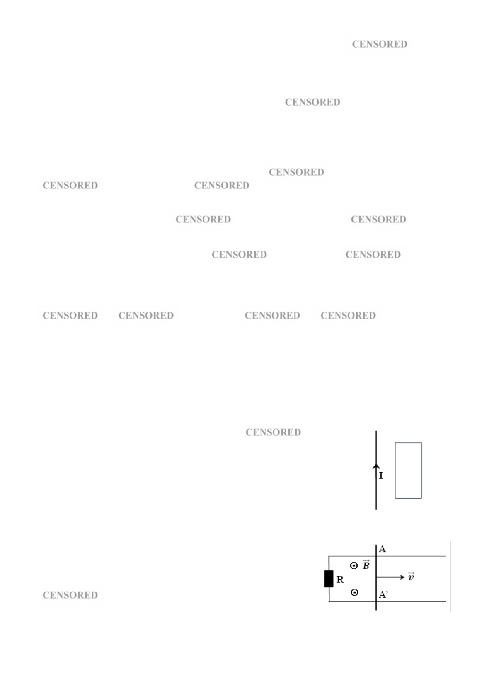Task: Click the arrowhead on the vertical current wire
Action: point(376,466)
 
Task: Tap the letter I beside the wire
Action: point(381,476)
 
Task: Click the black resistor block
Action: point(329,579)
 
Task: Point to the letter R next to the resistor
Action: point(340,579)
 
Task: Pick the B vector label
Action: point(366,565)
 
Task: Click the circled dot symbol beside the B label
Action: point(354,565)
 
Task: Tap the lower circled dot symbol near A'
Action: point(354,592)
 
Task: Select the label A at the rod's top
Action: point(383,549)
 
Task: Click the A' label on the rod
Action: point(383,594)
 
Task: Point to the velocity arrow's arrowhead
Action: point(402,577)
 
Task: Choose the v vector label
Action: point(411,577)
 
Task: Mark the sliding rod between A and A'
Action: point(376,577)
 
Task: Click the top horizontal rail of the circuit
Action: point(387,556)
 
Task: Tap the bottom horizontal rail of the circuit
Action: point(387,601)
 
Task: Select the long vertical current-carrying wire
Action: point(376,470)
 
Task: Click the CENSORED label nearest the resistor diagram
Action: point(70,595)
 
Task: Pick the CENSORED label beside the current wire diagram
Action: point(274,432)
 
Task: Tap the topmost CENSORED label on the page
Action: point(380,44)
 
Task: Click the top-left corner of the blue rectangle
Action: point(395,442)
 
